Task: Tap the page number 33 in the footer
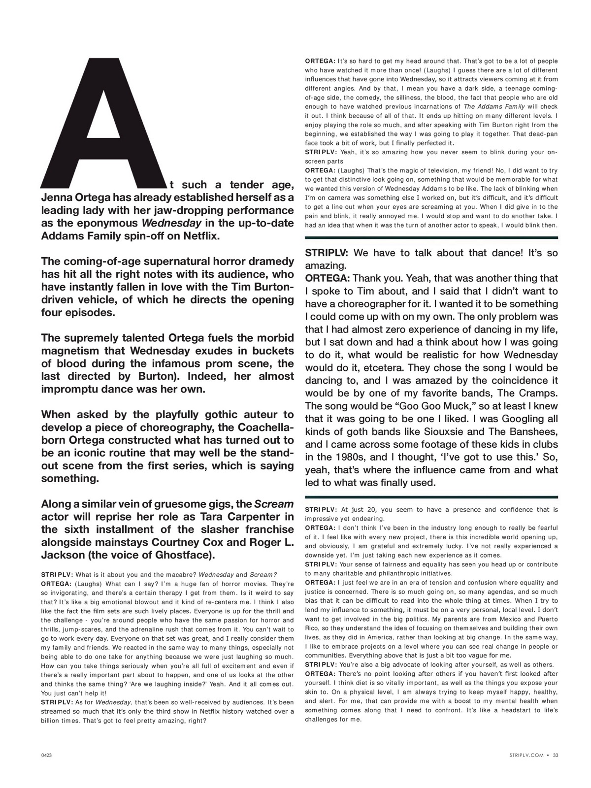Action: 555,755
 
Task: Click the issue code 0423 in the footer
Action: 47,755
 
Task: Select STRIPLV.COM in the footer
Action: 527,755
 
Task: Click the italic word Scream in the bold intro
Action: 274,504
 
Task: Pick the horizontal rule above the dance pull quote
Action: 431,237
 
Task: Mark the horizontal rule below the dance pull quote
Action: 431,496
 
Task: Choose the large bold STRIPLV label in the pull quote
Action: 327,253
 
